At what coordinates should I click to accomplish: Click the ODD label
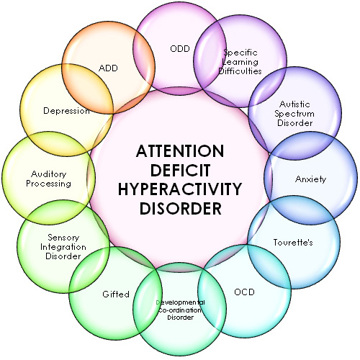click(x=180, y=49)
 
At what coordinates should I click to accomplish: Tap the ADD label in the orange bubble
click(x=108, y=68)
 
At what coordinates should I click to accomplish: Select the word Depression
click(x=66, y=111)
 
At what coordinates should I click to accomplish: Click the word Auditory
click(x=49, y=174)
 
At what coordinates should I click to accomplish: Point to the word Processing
click(x=48, y=184)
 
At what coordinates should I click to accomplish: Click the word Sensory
click(x=63, y=238)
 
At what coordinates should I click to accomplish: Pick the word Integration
click(x=63, y=247)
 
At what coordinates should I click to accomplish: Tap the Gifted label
click(x=116, y=294)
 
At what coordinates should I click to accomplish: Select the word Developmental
click(x=181, y=302)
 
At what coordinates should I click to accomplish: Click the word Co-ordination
click(x=180, y=310)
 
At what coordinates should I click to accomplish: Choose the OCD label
click(x=244, y=292)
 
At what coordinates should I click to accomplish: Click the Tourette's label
click(x=293, y=242)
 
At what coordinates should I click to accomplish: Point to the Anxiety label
click(x=310, y=179)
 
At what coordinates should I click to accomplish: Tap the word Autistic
click(x=294, y=104)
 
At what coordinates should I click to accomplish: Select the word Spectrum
click(x=294, y=114)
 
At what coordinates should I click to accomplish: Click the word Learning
click(x=240, y=62)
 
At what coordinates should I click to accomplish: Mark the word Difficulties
click(x=240, y=71)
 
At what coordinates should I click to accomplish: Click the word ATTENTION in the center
click(x=180, y=151)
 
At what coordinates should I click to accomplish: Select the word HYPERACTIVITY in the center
click(x=180, y=189)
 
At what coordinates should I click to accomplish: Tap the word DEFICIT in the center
click(x=180, y=170)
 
